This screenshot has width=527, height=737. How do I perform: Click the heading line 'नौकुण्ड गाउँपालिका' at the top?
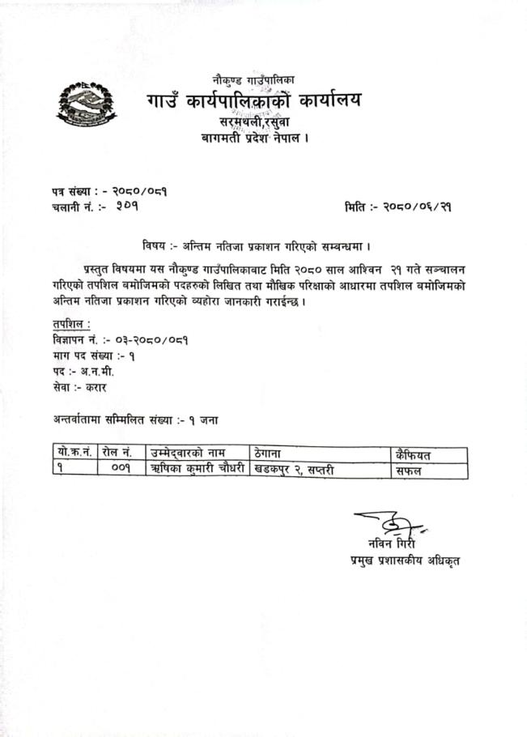(x=253, y=80)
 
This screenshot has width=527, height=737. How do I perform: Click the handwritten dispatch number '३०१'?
(x=128, y=208)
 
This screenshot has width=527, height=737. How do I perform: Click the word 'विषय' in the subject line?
(x=152, y=244)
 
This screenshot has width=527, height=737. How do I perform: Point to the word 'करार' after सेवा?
(x=100, y=387)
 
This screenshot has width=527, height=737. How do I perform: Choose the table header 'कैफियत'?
(x=414, y=453)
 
